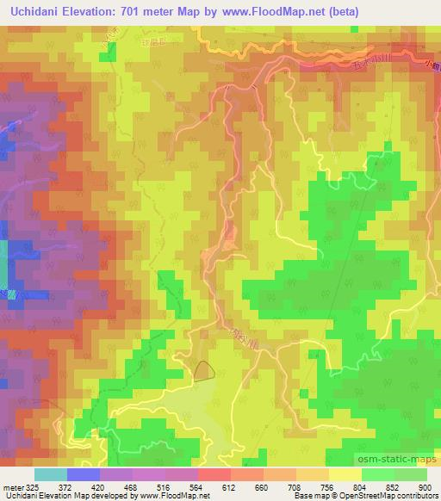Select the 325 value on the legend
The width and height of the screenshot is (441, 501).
[27, 486]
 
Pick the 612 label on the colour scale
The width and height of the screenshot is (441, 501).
[231, 486]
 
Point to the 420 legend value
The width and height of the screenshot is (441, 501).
[98, 486]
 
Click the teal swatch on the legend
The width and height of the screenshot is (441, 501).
[50, 474]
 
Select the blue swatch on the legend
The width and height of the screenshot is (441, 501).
[84, 474]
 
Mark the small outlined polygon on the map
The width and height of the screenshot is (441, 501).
[204, 370]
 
